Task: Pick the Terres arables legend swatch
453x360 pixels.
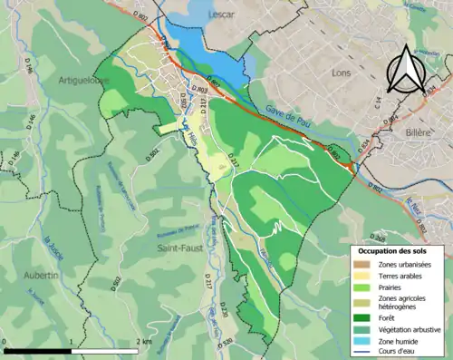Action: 363,274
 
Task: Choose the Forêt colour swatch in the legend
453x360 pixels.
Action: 363,316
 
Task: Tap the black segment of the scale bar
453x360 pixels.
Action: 39,350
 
